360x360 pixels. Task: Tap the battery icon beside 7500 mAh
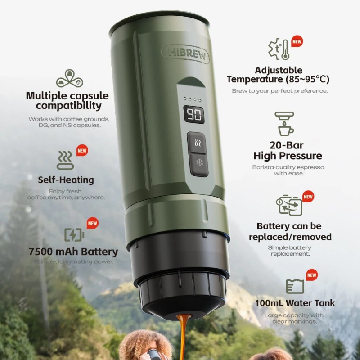(74, 234)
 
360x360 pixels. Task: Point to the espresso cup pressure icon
(284, 124)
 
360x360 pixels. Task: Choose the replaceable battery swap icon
(289, 205)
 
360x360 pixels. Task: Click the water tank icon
(295, 286)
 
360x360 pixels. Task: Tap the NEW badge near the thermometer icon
(297, 41)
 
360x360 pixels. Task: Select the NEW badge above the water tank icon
(311, 275)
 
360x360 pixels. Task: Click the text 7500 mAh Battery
(72, 252)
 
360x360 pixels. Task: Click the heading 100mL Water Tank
(295, 303)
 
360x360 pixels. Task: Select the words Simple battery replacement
(290, 251)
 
